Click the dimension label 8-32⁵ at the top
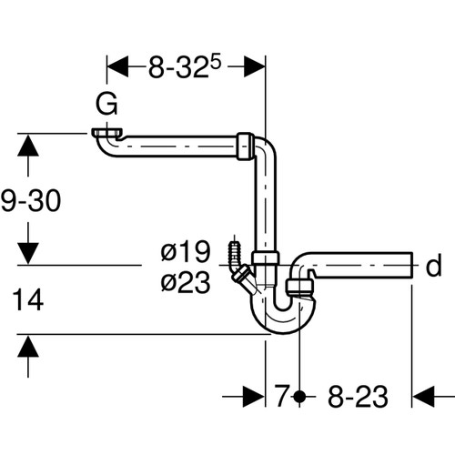point(185,67)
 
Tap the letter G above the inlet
point(106,104)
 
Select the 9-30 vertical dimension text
point(31,200)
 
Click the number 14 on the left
point(28,299)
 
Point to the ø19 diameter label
point(186,251)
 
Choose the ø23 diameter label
point(186,282)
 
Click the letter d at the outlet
point(433,266)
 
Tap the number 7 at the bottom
point(281,396)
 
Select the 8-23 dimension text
point(358,396)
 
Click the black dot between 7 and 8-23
point(299,396)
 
